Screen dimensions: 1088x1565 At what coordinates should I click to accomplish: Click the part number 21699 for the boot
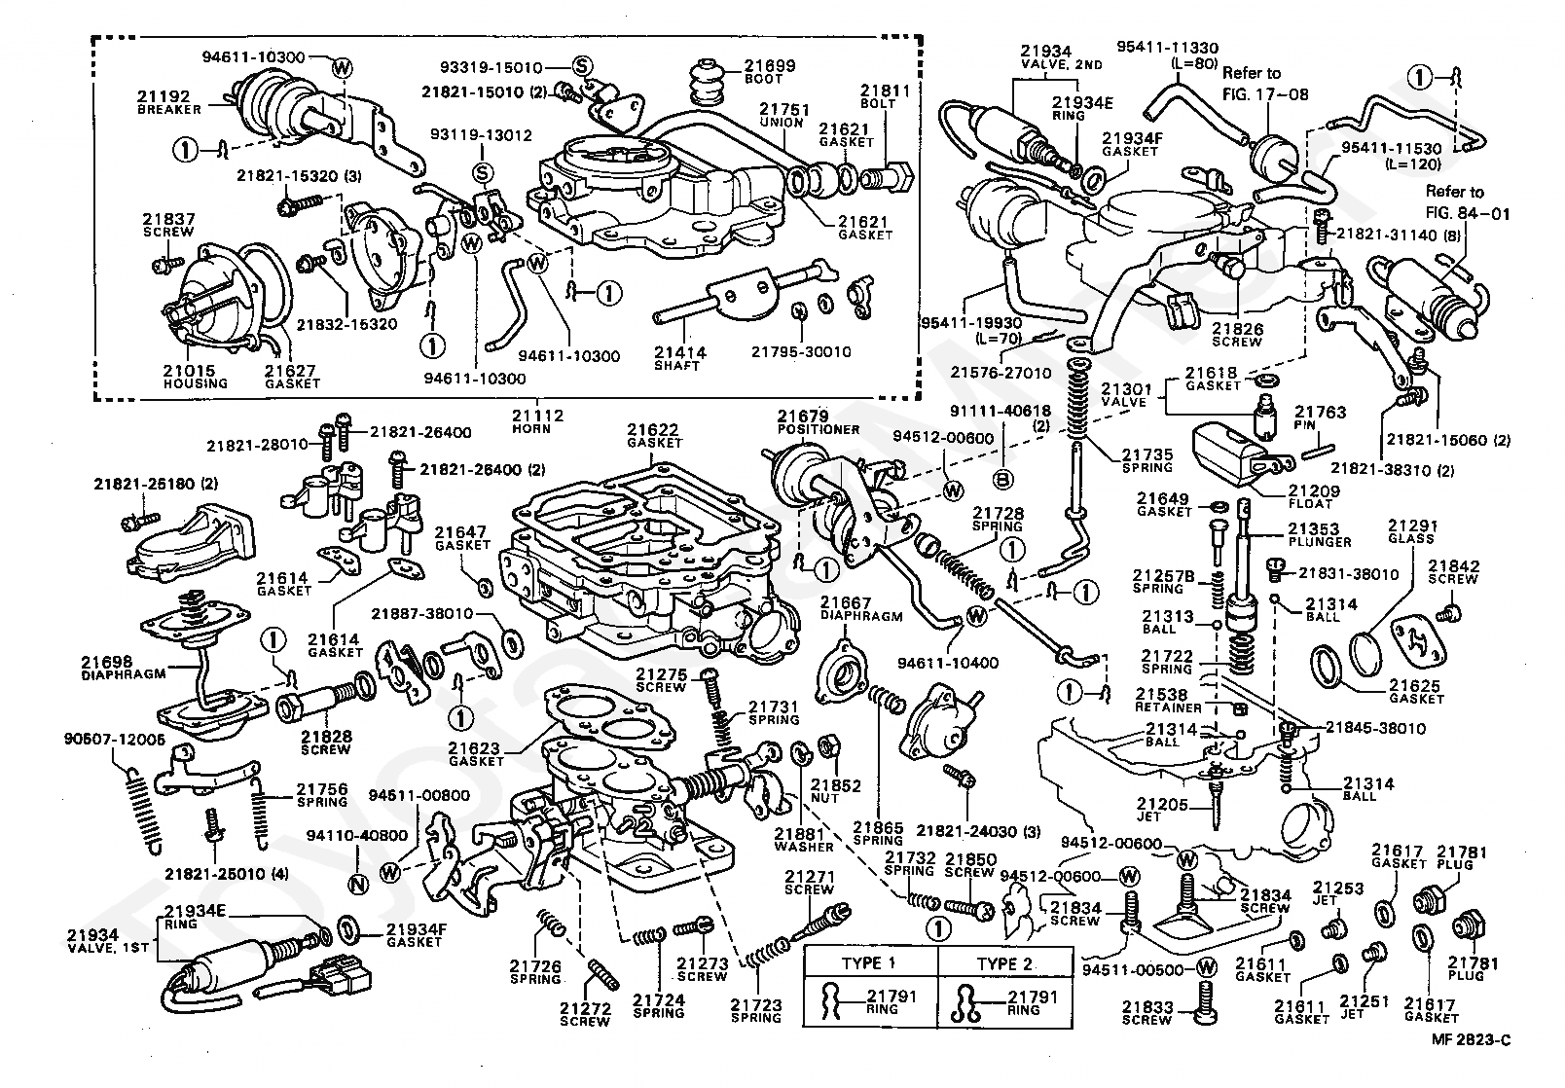770,65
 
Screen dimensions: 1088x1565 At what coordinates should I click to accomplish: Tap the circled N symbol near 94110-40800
357,885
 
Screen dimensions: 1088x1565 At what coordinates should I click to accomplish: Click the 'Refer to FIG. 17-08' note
1265,84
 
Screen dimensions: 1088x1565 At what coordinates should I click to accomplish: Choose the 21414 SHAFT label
679,352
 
